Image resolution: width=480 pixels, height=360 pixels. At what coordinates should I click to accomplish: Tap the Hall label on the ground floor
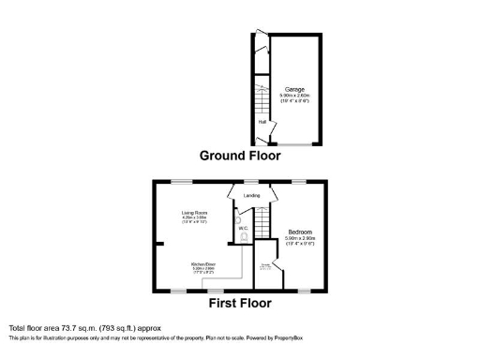tap(262, 121)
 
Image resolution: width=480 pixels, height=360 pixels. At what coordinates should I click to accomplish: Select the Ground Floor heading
tap(238, 157)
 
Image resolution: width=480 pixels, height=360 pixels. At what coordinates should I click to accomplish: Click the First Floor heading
tap(240, 303)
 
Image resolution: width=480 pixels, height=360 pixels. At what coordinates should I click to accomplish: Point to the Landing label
tap(251, 195)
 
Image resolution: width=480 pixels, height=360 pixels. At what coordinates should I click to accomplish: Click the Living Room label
tap(194, 214)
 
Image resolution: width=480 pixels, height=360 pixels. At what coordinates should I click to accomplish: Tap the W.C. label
tap(241, 229)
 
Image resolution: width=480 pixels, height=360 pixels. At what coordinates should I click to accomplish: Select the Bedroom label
tap(301, 232)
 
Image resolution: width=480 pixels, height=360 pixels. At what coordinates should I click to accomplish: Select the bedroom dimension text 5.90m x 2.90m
tap(301, 239)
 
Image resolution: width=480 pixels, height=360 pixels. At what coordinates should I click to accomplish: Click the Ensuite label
tap(265, 266)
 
